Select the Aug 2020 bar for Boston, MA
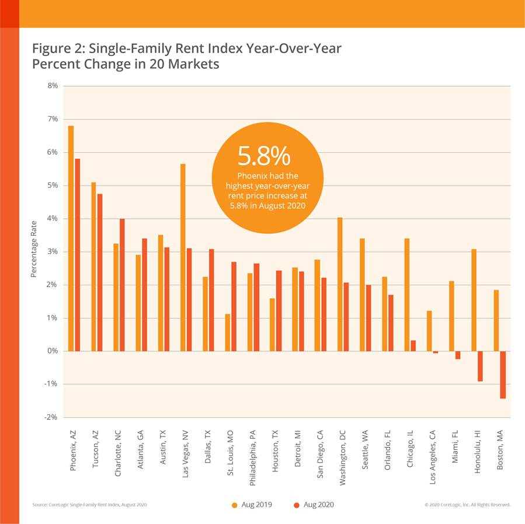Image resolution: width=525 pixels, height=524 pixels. click(502, 375)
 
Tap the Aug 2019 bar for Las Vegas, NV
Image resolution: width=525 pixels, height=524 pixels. click(183, 257)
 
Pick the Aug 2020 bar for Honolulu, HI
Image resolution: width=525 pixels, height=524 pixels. click(480, 366)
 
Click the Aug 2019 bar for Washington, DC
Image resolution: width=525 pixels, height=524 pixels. click(340, 284)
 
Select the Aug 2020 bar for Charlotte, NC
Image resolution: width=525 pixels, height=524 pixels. click(122, 285)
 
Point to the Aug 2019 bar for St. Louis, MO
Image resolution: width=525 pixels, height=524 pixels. click(228, 332)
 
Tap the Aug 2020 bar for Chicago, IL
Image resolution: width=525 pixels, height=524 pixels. click(413, 345)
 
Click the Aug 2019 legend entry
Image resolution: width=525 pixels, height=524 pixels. click(252, 504)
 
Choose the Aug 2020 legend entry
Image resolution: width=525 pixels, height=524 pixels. click(315, 504)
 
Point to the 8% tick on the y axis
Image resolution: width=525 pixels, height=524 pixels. click(53, 86)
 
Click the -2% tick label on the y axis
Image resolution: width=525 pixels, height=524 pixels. click(51, 417)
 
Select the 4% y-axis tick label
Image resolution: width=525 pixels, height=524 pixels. click(53, 218)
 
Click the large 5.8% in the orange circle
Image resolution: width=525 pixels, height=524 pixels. click(263, 156)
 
